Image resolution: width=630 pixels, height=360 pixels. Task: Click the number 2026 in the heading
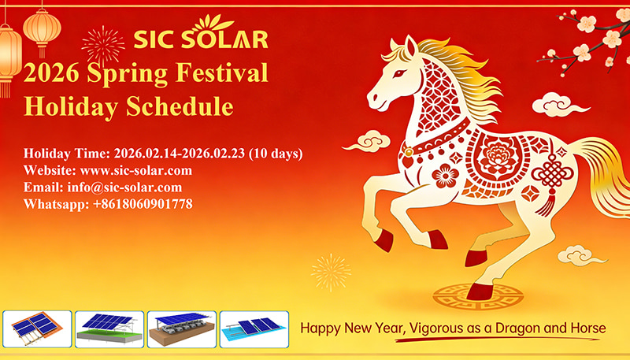[x=52, y=72]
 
